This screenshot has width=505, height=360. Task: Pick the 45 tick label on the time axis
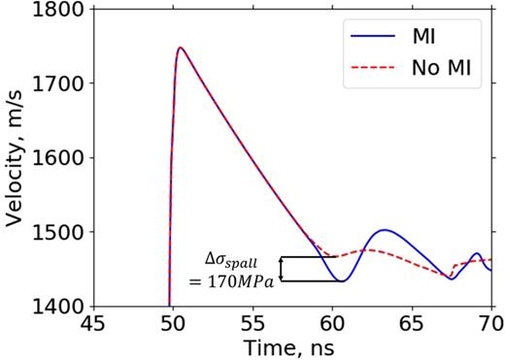(92, 321)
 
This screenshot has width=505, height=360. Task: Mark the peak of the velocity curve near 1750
(180, 48)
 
